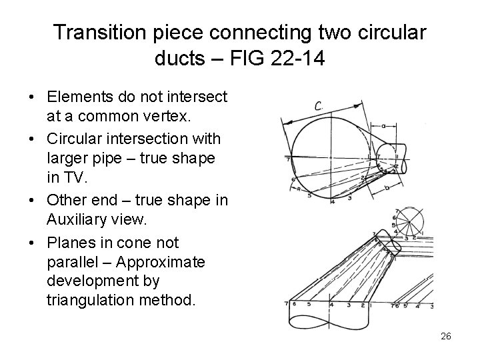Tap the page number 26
445,337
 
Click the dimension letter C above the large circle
319,105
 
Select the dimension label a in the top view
385,125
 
